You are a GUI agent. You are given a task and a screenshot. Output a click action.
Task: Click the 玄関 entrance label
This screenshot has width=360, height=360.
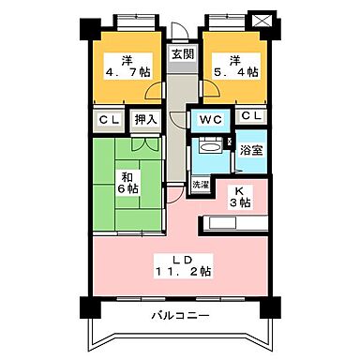pyautogui.click(x=182, y=54)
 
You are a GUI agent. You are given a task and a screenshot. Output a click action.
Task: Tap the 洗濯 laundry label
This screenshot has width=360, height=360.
pyautogui.click(x=202, y=184)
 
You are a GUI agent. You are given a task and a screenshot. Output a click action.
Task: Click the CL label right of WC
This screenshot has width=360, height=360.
pyautogui.click(x=250, y=116)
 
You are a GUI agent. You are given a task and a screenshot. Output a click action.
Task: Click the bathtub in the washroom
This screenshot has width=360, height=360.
pyautogui.click(x=211, y=147)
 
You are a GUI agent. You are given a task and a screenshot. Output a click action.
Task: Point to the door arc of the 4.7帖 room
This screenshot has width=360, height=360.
pyautogui.click(x=152, y=94)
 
